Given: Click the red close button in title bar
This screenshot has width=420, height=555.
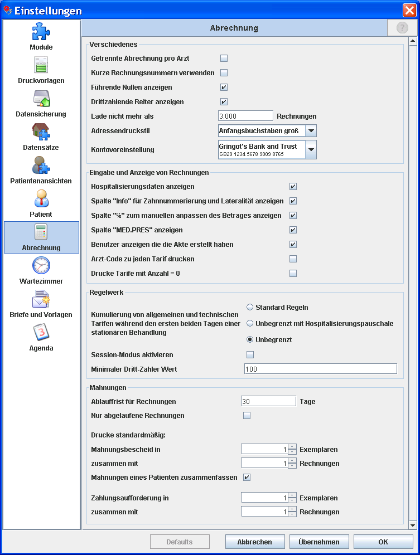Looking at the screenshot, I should click(409, 10).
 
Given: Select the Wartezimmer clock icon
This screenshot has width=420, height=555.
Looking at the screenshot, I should click(41, 266).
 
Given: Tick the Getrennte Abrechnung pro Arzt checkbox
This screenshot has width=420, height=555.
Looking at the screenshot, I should click(224, 59).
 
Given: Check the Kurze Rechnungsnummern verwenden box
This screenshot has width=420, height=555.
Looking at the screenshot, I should click(224, 73).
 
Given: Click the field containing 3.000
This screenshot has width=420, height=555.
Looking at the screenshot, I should click(245, 116).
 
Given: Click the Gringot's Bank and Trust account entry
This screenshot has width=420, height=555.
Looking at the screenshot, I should click(262, 149).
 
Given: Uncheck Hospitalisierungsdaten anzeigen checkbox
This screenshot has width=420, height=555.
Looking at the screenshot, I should click(293, 187).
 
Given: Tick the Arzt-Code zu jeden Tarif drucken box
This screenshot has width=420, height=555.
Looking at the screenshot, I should click(293, 259).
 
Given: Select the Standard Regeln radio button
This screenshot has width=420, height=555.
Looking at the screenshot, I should click(250, 307).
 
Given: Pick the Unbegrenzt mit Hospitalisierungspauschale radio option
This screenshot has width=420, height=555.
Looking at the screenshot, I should click(250, 323).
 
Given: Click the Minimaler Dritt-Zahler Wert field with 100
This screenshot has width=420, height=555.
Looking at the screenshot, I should click(320, 369).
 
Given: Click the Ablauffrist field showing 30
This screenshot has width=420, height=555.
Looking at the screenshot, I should click(268, 401).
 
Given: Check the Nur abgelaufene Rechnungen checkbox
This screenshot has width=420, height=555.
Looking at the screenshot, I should click(247, 416).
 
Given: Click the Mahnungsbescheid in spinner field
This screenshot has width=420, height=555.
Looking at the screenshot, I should click(264, 449).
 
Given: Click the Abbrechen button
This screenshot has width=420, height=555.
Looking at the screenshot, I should click(254, 542).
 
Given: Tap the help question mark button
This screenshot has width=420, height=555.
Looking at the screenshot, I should click(402, 28).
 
